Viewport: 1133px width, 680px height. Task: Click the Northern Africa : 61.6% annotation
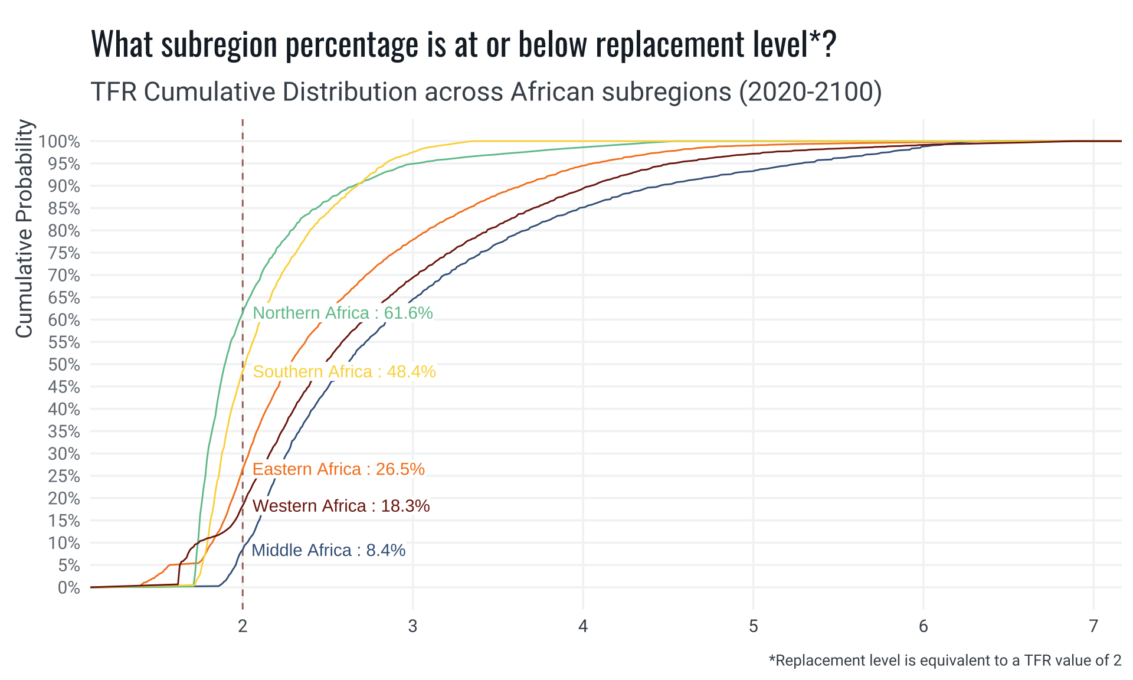coord(342,313)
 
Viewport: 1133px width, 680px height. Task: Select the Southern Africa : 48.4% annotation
coord(344,372)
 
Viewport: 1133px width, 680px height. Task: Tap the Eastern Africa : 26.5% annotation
coord(338,469)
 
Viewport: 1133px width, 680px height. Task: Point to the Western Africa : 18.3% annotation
coord(340,506)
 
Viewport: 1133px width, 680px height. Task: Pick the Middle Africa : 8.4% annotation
coord(328,550)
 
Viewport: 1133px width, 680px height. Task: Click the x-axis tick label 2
coord(243,626)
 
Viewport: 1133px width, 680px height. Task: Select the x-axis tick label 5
coord(753,626)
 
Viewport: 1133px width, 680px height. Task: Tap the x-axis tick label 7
coord(1093,626)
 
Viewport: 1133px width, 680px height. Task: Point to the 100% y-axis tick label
coord(59,142)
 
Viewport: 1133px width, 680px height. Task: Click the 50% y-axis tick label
coord(64,365)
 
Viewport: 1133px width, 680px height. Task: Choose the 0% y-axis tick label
coord(68,588)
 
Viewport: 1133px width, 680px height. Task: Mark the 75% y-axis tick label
coord(64,253)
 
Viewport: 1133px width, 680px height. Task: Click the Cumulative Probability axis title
coord(24,228)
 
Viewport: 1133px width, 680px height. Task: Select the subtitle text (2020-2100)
coord(810,92)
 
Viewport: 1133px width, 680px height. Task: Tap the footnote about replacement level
coord(945,661)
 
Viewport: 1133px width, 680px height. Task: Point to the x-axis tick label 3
coord(412,626)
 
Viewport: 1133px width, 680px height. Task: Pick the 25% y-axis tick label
coord(64,476)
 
